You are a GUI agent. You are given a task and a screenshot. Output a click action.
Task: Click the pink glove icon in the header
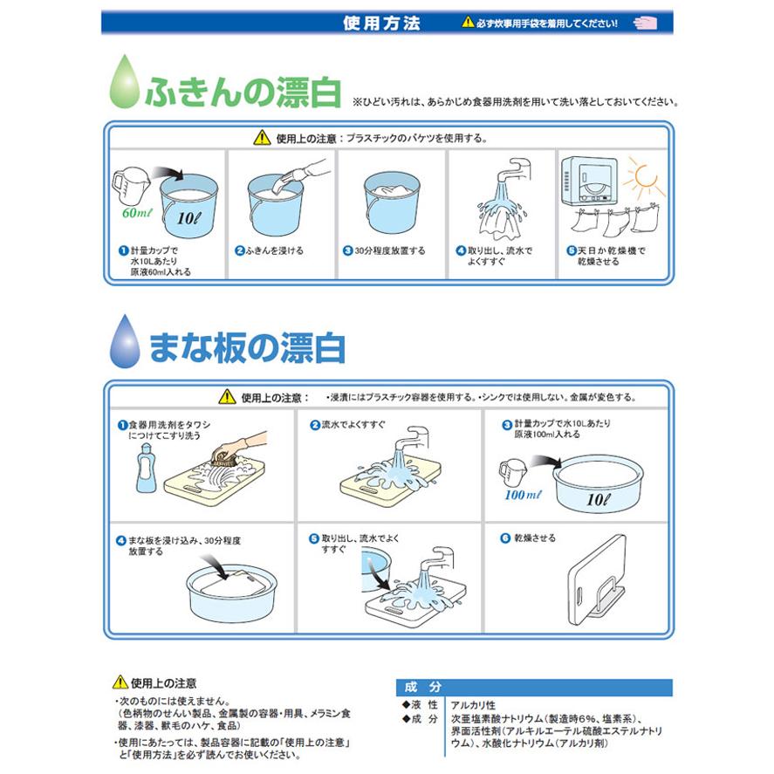point(645,23)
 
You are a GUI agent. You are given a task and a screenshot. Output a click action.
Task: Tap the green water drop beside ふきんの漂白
point(124,81)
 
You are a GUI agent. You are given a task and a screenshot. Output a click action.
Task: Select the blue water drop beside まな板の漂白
point(125,341)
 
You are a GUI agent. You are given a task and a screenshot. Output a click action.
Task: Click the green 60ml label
point(137,213)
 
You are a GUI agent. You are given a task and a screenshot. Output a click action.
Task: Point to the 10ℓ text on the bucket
point(189,217)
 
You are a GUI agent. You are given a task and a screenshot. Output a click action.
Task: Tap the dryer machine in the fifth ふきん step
point(589,181)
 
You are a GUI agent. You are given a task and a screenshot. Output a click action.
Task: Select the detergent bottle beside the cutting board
point(146,468)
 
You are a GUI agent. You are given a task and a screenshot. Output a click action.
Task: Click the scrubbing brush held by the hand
point(228,457)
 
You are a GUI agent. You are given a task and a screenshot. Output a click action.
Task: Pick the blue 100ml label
point(523,495)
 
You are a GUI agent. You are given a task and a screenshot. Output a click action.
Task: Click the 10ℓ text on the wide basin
point(599,499)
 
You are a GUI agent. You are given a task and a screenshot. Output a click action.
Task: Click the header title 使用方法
point(381,23)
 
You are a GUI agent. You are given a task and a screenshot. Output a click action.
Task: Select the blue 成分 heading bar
point(534,687)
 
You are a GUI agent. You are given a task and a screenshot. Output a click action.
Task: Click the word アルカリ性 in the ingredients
point(473,705)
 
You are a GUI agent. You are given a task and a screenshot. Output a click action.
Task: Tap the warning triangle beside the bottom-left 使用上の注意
point(120,682)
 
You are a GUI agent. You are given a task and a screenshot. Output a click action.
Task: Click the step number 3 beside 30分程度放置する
point(347,250)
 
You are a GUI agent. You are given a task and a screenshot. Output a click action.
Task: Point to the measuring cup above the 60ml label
point(130,183)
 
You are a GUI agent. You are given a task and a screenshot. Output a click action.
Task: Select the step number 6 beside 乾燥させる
point(505,538)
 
